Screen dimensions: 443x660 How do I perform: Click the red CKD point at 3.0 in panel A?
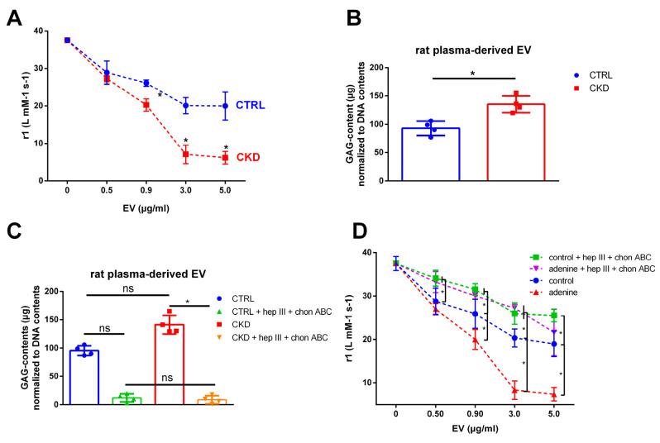[x=186, y=154]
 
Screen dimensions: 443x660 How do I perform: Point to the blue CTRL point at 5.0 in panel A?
[x=225, y=106]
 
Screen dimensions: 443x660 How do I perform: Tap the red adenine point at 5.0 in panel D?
[x=553, y=395]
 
